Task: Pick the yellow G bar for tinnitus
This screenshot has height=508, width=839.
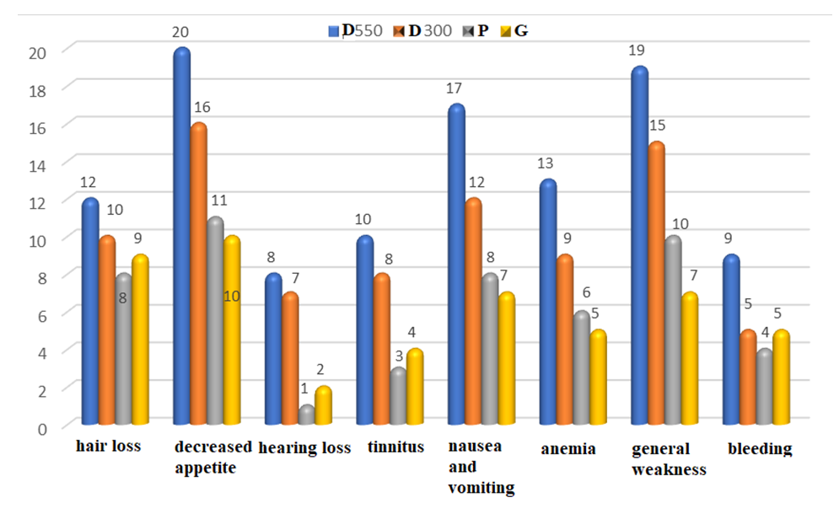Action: (414, 387)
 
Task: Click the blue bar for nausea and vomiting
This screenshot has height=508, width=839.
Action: (456, 265)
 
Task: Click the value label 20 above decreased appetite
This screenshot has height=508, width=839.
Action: (180, 32)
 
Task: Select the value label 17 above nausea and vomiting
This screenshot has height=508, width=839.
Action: (456, 88)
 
